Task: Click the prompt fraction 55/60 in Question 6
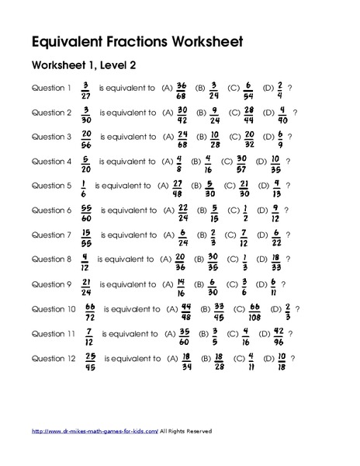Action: tap(85, 211)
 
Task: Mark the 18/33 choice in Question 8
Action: tap(277, 261)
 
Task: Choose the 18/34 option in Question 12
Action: tap(186, 360)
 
